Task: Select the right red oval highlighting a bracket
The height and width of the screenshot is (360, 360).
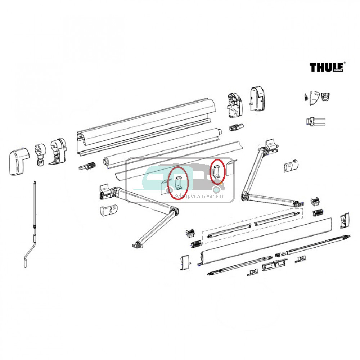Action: (x=217, y=171)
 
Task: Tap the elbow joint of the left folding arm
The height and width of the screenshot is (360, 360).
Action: (x=175, y=211)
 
